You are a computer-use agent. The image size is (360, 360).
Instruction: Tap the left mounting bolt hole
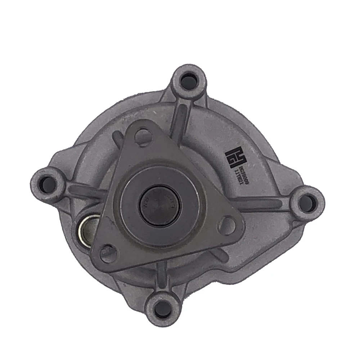pos(48,182)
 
